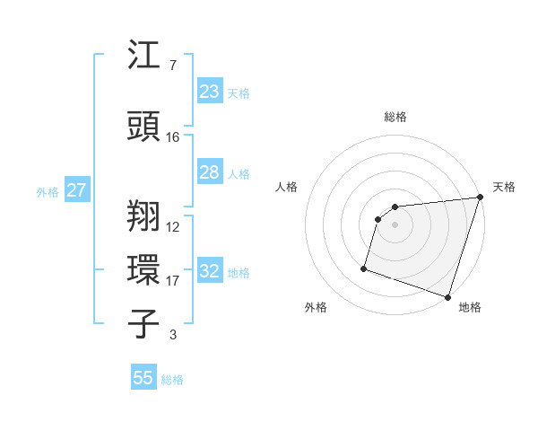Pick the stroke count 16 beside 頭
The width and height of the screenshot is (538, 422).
[173, 137]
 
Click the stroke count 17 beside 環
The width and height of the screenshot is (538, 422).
[173, 281]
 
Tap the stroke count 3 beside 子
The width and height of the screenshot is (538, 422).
[173, 336]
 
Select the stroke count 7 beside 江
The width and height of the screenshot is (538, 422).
[172, 66]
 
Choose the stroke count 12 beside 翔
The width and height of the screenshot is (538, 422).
[173, 227]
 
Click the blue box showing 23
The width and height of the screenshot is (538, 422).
[210, 92]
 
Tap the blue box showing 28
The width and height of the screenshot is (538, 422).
[210, 173]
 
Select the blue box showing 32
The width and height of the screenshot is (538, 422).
[210, 271]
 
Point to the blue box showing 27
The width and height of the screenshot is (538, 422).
[77, 190]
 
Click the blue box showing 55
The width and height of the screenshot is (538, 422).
[143, 378]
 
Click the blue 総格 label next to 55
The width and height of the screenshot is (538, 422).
[172, 380]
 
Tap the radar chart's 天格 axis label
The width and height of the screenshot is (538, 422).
[504, 187]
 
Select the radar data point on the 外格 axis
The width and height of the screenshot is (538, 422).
[364, 268]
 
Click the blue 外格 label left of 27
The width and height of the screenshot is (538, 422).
[48, 192]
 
